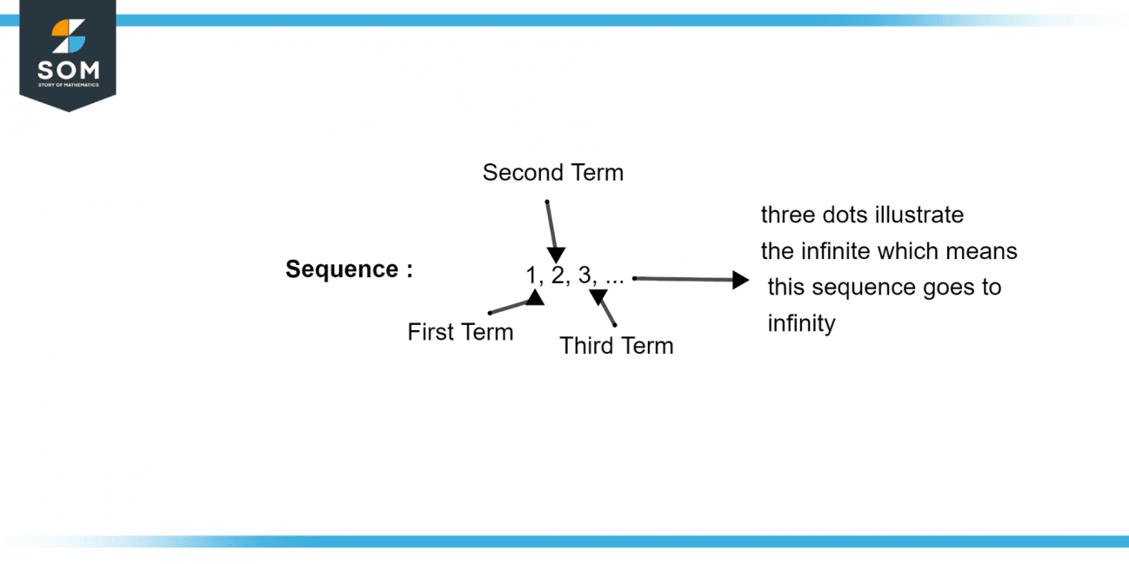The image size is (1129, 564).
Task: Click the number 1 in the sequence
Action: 531,275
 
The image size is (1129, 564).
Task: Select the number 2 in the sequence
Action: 558,275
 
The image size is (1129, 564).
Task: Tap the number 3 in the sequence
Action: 585,275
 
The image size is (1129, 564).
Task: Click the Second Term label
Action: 553,173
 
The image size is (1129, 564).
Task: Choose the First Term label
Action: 460,332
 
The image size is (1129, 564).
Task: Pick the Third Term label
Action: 617,346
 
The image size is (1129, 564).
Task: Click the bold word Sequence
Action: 342,269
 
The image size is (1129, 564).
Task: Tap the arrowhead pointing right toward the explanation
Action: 740,280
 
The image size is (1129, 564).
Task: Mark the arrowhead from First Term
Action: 535,298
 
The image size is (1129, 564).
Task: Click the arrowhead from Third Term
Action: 598,296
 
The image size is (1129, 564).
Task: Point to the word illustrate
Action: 923,215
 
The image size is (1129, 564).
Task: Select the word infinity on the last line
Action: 801,324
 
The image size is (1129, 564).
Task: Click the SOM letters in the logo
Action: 68,70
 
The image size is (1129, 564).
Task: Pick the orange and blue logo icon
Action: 69,36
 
